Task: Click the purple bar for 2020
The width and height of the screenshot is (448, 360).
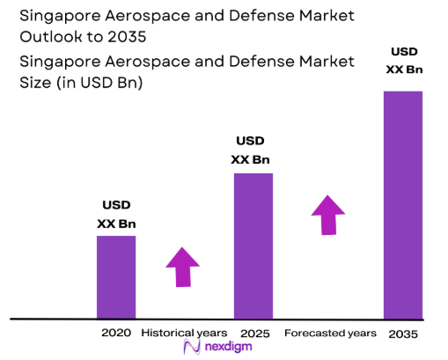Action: point(116,276)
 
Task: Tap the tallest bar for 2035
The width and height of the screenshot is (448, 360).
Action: point(403,204)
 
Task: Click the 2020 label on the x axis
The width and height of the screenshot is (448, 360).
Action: point(115,333)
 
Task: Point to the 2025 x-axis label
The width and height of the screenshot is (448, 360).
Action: point(253,333)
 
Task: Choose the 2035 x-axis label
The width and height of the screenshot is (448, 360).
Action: point(404,334)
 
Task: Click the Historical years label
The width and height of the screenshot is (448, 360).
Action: point(185,333)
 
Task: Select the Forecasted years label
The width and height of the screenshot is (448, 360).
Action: point(330,333)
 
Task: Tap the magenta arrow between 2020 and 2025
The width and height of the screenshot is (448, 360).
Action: point(183,267)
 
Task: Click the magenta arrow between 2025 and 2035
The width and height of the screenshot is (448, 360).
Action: point(327,215)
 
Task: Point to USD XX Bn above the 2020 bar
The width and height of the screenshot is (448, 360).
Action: point(116,215)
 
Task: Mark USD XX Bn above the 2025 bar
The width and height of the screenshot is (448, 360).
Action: point(251,151)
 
